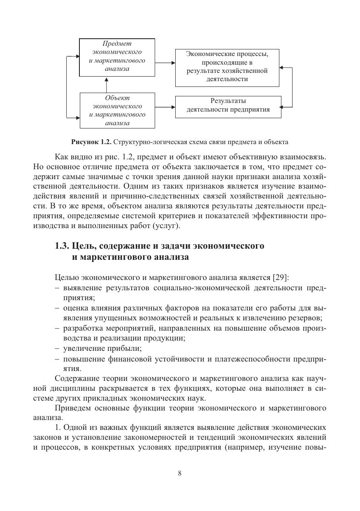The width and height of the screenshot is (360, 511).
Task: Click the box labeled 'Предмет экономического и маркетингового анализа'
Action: point(117,58)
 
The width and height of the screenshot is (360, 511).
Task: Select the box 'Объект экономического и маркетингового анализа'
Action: point(117,110)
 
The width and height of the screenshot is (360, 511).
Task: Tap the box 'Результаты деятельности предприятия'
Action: point(228,106)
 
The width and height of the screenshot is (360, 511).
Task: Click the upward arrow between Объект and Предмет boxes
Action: point(106,84)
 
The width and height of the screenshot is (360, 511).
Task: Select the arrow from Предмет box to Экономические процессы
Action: point(165,63)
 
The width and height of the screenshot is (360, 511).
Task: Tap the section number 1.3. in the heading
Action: point(62,246)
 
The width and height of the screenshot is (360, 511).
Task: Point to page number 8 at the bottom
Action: point(180,473)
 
